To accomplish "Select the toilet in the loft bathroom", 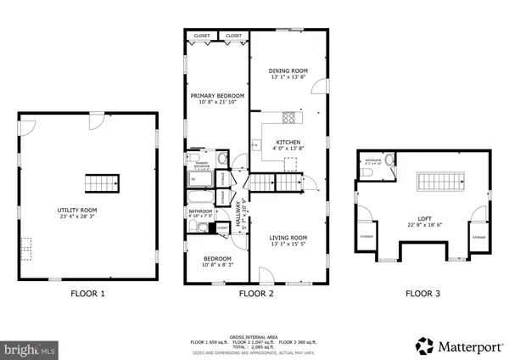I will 390,161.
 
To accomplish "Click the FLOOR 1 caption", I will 88,295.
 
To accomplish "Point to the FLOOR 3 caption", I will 423,295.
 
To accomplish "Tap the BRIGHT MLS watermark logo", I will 30,347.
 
